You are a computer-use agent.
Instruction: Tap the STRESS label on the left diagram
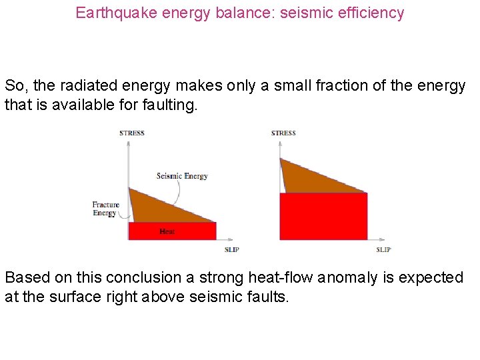coord(132,133)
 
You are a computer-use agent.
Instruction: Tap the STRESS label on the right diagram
coord(283,133)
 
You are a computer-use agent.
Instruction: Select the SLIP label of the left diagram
coord(231,249)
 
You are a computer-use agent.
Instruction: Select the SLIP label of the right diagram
coord(383,249)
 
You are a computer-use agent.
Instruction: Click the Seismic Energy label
coord(182,176)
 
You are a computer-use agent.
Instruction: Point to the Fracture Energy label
coord(105,209)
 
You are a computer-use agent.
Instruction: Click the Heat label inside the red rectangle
coord(167,231)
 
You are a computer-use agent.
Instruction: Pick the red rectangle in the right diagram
coord(323,216)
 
